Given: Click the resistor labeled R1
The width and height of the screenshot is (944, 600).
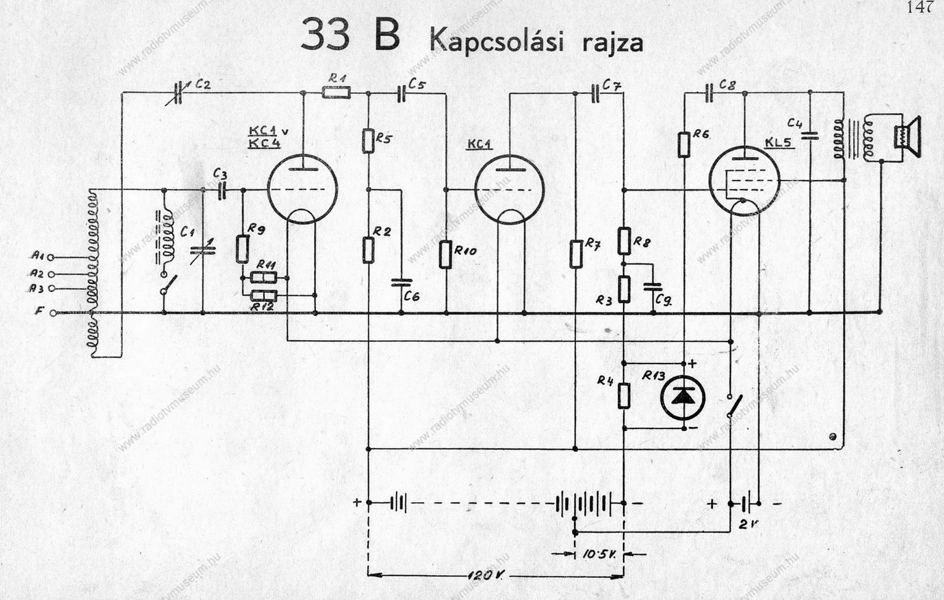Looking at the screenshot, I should click(x=335, y=93).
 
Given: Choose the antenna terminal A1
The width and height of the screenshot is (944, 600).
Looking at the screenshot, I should click(x=51, y=257).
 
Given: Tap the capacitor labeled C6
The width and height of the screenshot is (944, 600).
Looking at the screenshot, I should click(x=401, y=283).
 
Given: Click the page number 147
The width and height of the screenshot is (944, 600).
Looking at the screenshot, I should click(x=920, y=8).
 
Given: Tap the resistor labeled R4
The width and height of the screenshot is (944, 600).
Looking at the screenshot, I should click(x=624, y=395).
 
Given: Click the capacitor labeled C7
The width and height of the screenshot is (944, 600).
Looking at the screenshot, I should click(x=596, y=93).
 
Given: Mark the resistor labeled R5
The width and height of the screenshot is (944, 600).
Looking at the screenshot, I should click(x=368, y=140).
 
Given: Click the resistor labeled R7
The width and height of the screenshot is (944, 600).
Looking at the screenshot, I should click(x=575, y=253).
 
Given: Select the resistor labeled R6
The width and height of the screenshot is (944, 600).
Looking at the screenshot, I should click(x=683, y=144).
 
